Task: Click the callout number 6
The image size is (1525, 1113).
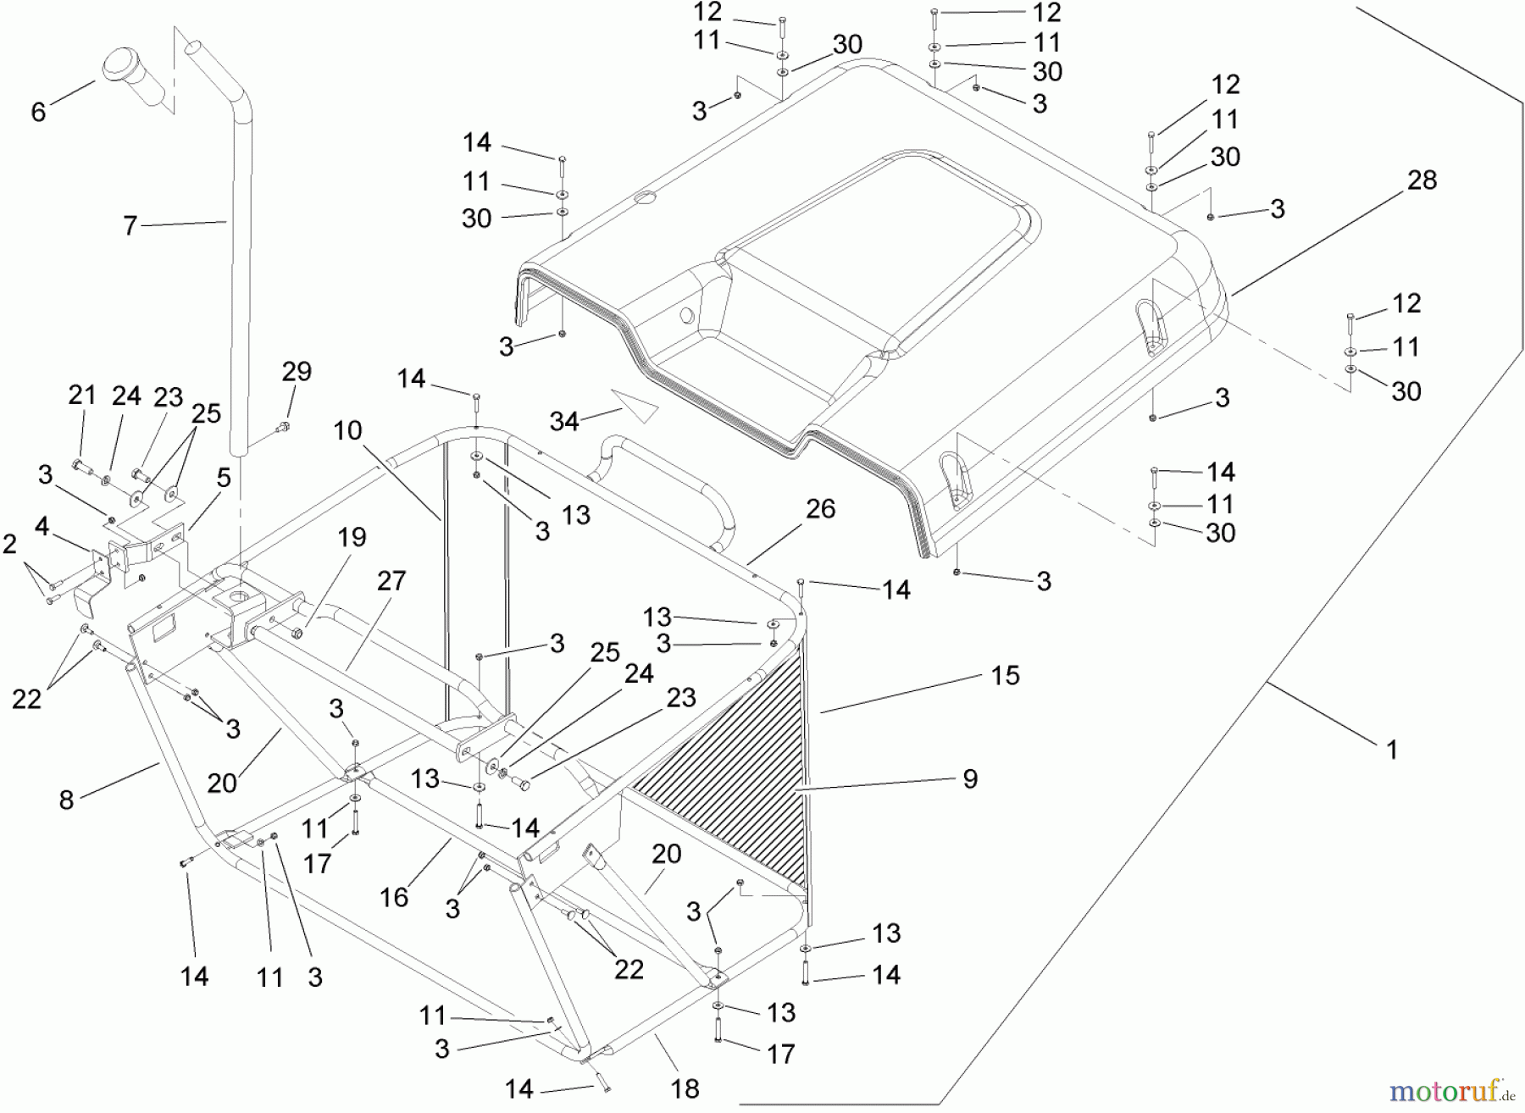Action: (38, 112)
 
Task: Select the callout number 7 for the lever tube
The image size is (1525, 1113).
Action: (130, 225)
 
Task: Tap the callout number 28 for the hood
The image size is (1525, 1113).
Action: (1422, 180)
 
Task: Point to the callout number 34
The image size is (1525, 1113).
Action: (564, 420)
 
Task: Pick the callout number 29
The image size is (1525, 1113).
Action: (297, 372)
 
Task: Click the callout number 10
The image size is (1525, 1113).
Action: (347, 430)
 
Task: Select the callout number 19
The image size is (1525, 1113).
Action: (352, 537)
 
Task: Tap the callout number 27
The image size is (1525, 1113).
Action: (391, 581)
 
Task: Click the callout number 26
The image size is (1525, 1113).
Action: (820, 508)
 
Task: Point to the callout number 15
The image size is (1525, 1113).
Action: (1005, 676)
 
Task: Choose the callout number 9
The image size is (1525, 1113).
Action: (970, 778)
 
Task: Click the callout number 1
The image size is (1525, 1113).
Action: (1391, 749)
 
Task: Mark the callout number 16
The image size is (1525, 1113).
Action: (394, 897)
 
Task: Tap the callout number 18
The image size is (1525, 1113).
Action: (685, 1088)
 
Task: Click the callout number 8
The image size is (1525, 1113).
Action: (66, 799)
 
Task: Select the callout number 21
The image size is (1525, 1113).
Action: (82, 395)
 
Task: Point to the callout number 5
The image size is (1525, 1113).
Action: (224, 478)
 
